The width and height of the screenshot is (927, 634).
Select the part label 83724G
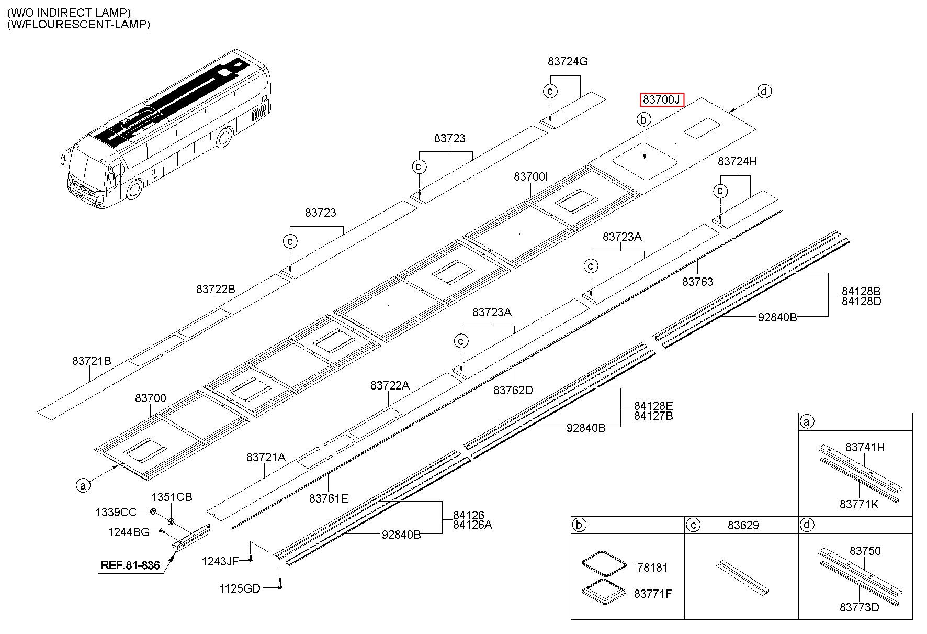click(x=568, y=61)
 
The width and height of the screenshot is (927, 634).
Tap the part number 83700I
click(x=530, y=176)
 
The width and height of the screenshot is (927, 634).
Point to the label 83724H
click(x=737, y=161)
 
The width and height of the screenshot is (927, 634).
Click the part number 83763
click(x=697, y=282)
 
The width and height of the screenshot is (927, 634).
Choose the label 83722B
click(x=216, y=288)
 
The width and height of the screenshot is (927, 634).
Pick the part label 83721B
click(x=92, y=361)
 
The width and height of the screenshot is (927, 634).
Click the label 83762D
click(x=513, y=390)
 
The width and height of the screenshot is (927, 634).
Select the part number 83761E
click(x=329, y=498)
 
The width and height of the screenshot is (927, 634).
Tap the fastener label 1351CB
click(x=172, y=497)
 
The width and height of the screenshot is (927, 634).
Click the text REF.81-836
click(x=130, y=565)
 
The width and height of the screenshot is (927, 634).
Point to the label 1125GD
click(x=240, y=588)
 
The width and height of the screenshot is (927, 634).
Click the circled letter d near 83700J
click(x=764, y=92)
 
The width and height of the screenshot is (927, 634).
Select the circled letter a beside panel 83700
click(x=82, y=485)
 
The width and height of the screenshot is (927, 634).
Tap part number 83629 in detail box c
click(x=743, y=525)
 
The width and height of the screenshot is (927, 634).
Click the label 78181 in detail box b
click(x=652, y=567)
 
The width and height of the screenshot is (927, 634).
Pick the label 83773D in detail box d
click(x=859, y=607)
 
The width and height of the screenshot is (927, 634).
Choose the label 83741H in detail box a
click(x=865, y=447)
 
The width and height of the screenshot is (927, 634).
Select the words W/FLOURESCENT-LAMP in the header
click(x=78, y=24)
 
